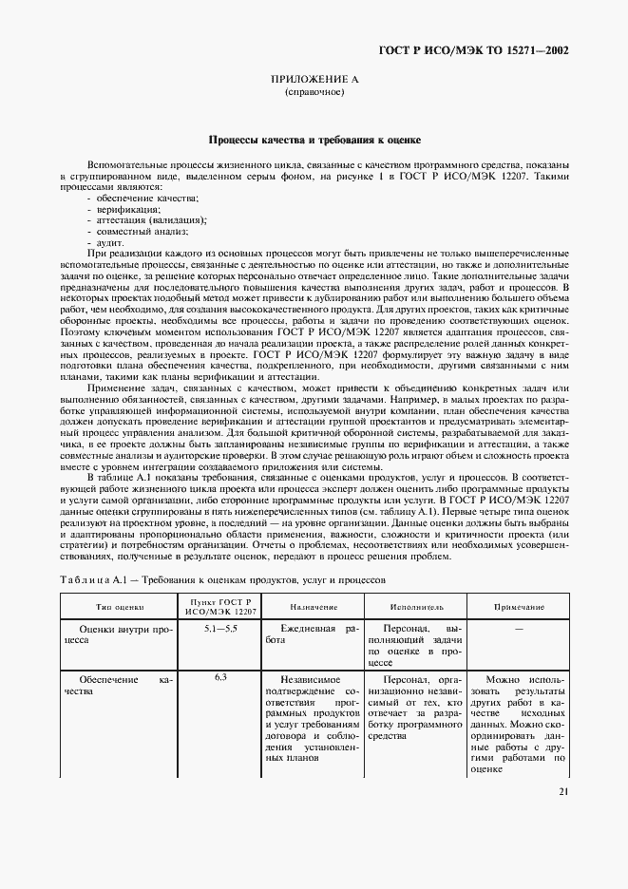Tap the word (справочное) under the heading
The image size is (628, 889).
click(x=314, y=93)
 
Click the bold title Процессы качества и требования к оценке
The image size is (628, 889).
click(x=314, y=140)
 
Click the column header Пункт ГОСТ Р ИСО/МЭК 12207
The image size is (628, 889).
click(x=220, y=606)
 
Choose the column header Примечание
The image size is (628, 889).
click(x=518, y=606)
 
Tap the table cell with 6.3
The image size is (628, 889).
click(x=220, y=677)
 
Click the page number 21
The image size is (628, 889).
click(x=563, y=792)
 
